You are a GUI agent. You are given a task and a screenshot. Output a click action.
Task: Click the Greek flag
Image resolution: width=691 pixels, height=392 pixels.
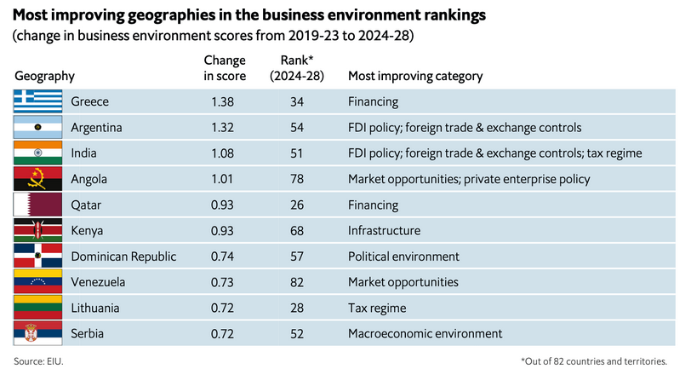tap(38, 101)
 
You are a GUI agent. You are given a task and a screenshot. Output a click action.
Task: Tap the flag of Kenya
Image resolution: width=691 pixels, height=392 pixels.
tap(38, 230)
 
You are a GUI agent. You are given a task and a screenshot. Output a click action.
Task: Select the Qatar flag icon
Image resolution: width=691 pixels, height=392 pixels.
tap(38, 205)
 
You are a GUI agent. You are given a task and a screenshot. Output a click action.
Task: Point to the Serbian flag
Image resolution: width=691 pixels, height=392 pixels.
tap(38, 333)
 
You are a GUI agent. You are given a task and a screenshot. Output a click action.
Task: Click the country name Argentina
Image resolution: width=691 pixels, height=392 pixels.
tap(97, 127)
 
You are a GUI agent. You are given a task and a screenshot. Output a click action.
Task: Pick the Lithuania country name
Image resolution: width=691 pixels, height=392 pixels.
tap(95, 308)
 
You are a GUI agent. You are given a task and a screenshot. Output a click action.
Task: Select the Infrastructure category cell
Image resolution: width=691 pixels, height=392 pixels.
tap(384, 230)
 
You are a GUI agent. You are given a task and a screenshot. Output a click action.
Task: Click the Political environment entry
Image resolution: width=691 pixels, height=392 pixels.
tap(403, 256)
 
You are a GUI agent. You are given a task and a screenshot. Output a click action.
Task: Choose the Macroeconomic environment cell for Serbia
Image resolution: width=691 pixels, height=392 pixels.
tap(425, 333)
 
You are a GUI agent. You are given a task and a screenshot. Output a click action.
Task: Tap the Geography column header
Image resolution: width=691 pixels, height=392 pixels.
tap(44, 76)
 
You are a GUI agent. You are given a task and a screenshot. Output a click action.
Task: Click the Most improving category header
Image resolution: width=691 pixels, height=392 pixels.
tap(415, 76)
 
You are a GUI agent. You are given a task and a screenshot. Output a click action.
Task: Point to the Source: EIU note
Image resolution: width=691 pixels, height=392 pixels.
tap(38, 362)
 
